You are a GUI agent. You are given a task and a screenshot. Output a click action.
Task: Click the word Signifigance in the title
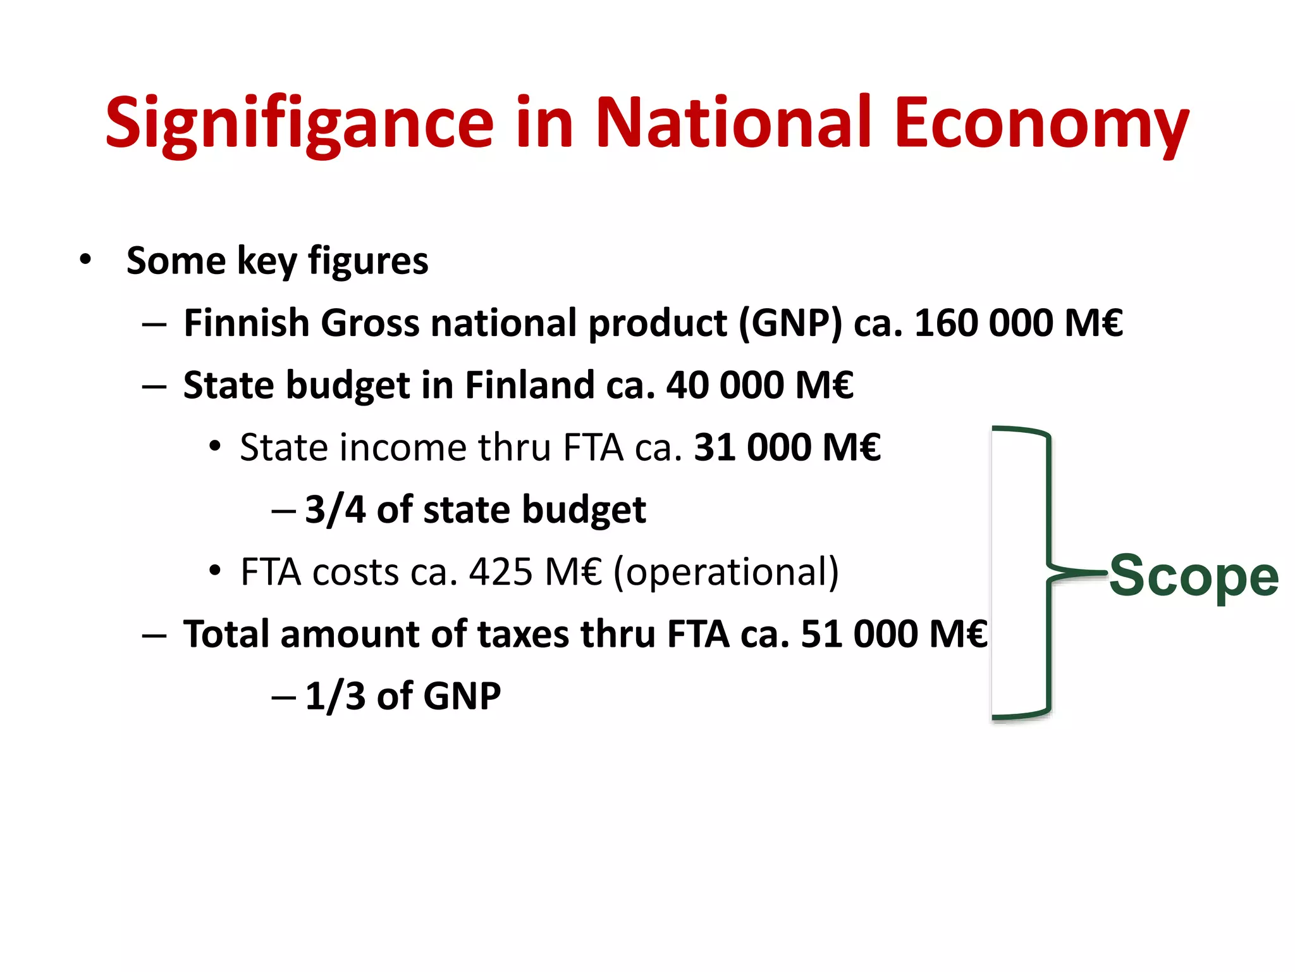coord(299,123)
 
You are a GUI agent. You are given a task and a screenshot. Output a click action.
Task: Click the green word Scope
coord(1194,576)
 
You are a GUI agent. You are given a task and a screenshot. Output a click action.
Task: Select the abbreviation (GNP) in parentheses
coord(790,323)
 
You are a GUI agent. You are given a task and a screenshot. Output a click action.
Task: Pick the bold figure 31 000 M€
coord(787,447)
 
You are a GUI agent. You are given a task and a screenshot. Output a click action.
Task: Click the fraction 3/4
coord(335,509)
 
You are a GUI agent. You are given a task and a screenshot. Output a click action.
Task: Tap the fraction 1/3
coord(335,696)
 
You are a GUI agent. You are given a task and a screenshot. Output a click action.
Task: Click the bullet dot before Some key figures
coord(85,260)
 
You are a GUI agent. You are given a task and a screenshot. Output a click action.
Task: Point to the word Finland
coord(529,385)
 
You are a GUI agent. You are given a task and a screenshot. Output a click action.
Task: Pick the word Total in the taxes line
coord(226,634)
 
